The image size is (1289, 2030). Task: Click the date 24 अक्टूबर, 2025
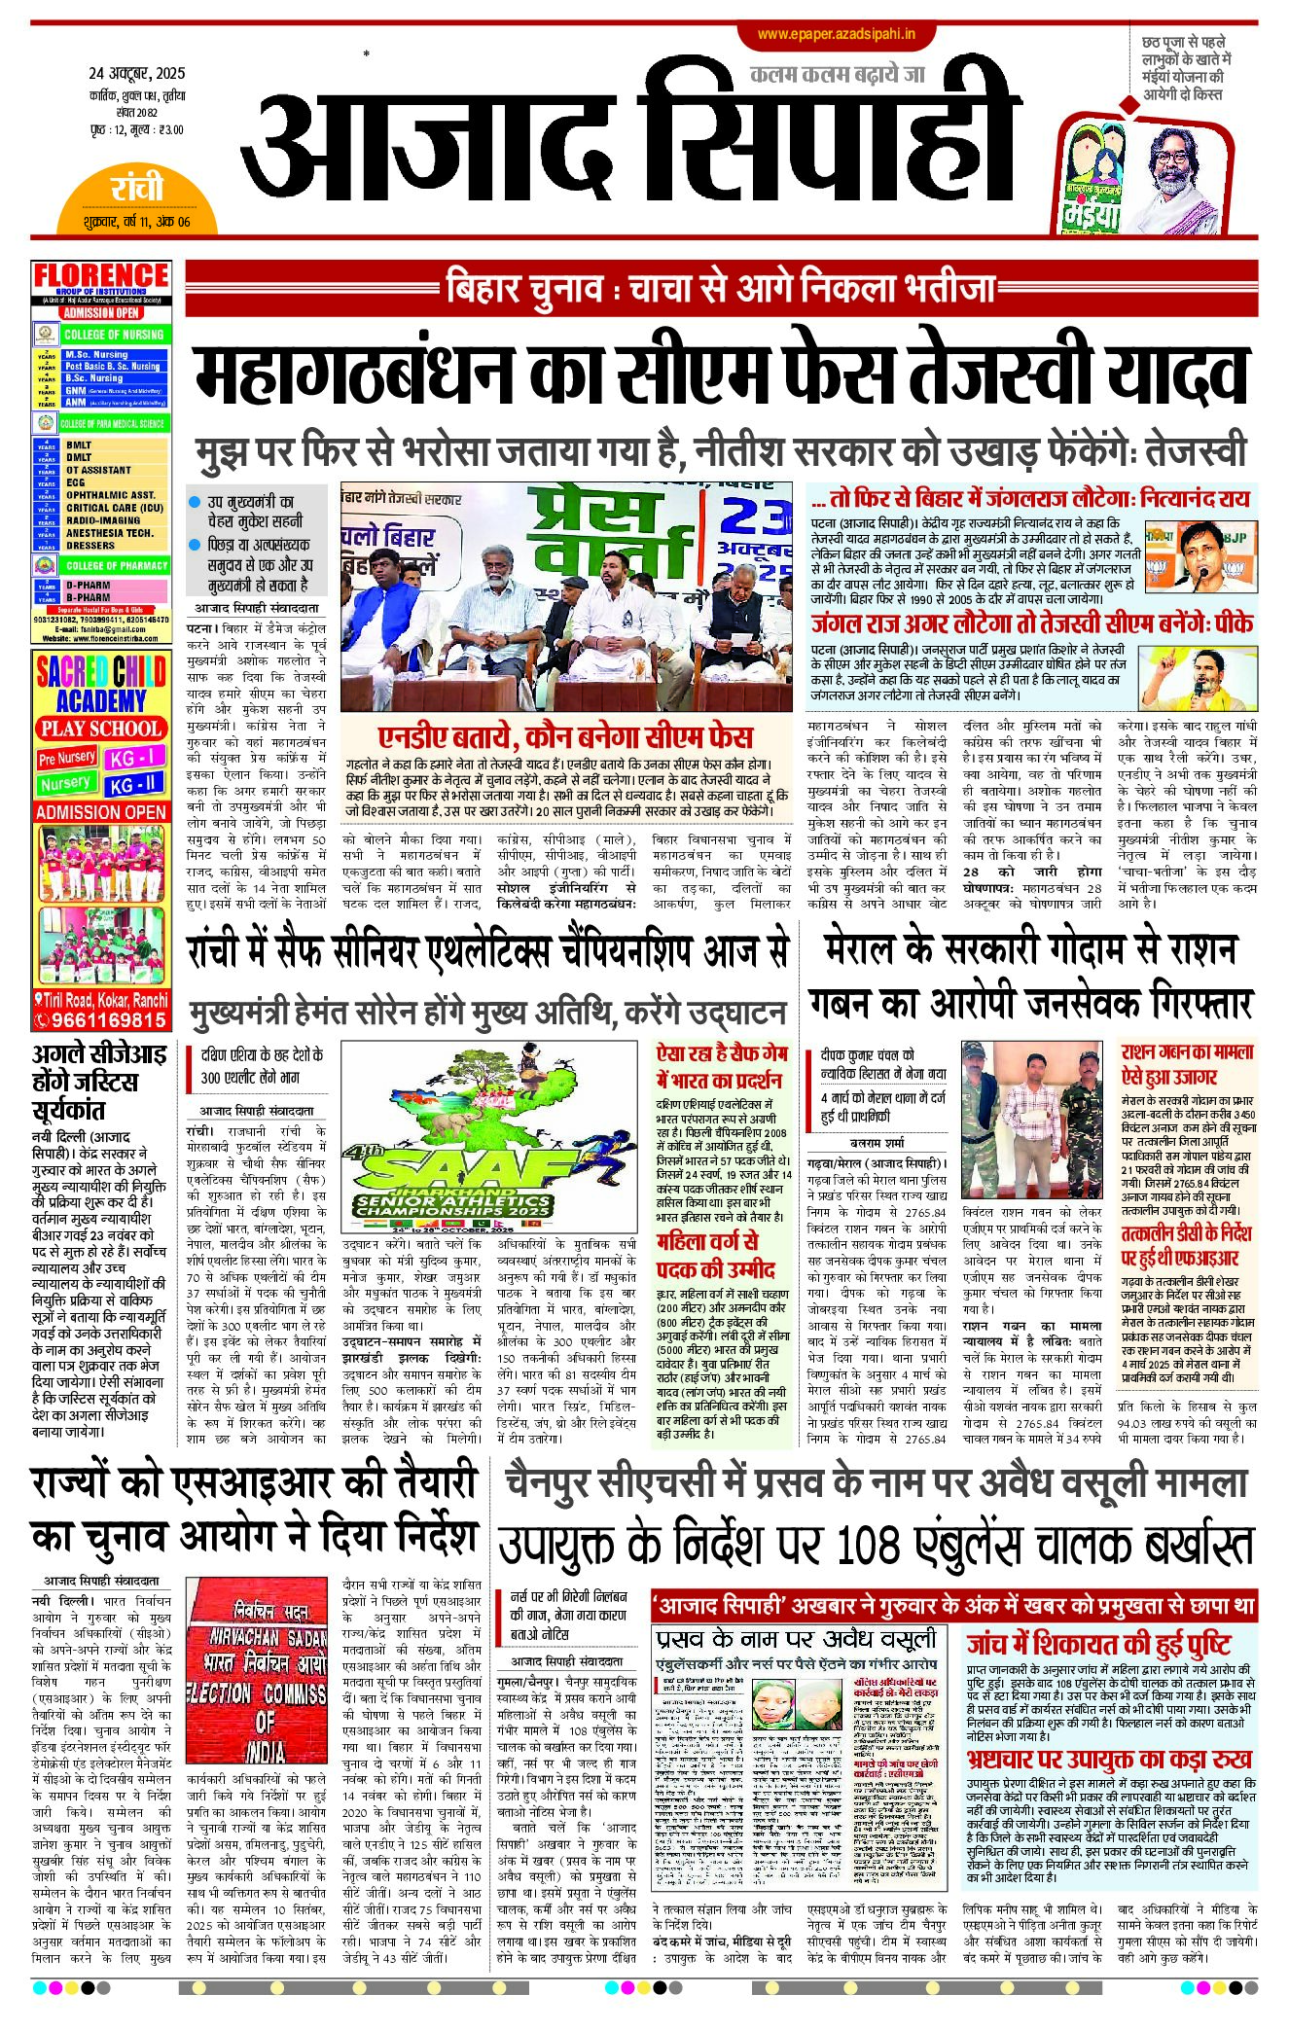point(136,73)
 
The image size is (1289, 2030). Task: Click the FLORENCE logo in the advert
point(101,276)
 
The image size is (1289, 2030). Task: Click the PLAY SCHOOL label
point(101,729)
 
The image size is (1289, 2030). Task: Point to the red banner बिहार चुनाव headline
point(720,288)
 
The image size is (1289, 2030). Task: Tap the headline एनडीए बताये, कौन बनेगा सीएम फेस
point(565,735)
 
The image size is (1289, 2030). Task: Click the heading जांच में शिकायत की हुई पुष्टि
point(1098,1645)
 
